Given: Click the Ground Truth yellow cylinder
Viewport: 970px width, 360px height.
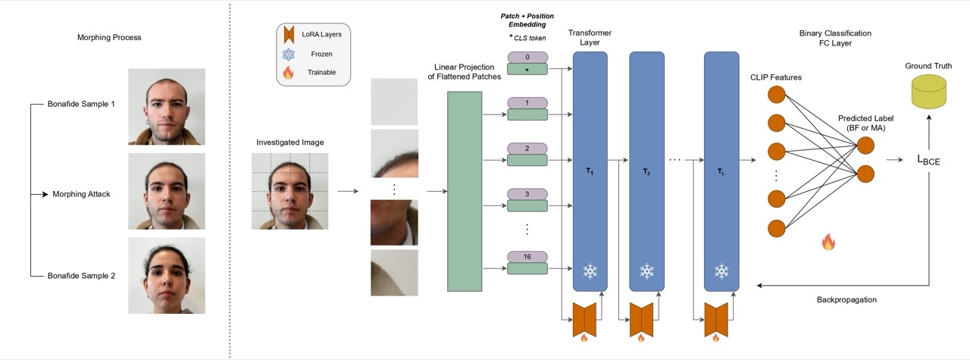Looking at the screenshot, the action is pyautogui.click(x=929, y=92).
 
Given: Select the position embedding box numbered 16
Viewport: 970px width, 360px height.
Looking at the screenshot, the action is pyautogui.click(x=527, y=257).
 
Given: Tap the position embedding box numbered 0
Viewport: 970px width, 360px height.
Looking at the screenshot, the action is pyautogui.click(x=527, y=57).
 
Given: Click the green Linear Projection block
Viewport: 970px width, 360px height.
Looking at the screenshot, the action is pyautogui.click(x=465, y=191).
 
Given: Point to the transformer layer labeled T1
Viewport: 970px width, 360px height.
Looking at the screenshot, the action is pyautogui.click(x=590, y=171).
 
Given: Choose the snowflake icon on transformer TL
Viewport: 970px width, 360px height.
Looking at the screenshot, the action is pyautogui.click(x=721, y=271).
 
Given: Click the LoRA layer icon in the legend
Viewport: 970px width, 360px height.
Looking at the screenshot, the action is pyautogui.click(x=289, y=34).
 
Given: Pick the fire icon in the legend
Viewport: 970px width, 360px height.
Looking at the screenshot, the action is pyautogui.click(x=289, y=72).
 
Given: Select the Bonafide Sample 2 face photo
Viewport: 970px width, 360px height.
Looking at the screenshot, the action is pyautogui.click(x=167, y=276).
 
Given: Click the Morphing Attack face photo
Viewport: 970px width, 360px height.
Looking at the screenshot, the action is pyautogui.click(x=167, y=191).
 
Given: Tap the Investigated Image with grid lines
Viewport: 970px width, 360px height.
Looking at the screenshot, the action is pyautogui.click(x=289, y=191).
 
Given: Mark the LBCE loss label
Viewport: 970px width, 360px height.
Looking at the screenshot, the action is pyautogui.click(x=928, y=160).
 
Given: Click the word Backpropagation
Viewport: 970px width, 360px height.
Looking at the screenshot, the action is pyautogui.click(x=846, y=300).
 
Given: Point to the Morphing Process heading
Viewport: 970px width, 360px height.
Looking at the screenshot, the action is pyautogui.click(x=109, y=38).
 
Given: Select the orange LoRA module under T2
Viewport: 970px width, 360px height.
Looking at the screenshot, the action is pyautogui.click(x=641, y=320).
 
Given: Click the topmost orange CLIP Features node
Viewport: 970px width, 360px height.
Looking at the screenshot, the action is pyautogui.click(x=777, y=95).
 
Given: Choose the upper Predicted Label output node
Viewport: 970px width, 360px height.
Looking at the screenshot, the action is pyautogui.click(x=865, y=146).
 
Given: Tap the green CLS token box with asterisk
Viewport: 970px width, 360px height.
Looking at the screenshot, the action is pyautogui.click(x=527, y=69).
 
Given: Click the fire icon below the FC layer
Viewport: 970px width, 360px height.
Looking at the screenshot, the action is pyautogui.click(x=828, y=243).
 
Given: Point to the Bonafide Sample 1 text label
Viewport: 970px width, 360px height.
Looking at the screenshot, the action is pyautogui.click(x=81, y=104).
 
